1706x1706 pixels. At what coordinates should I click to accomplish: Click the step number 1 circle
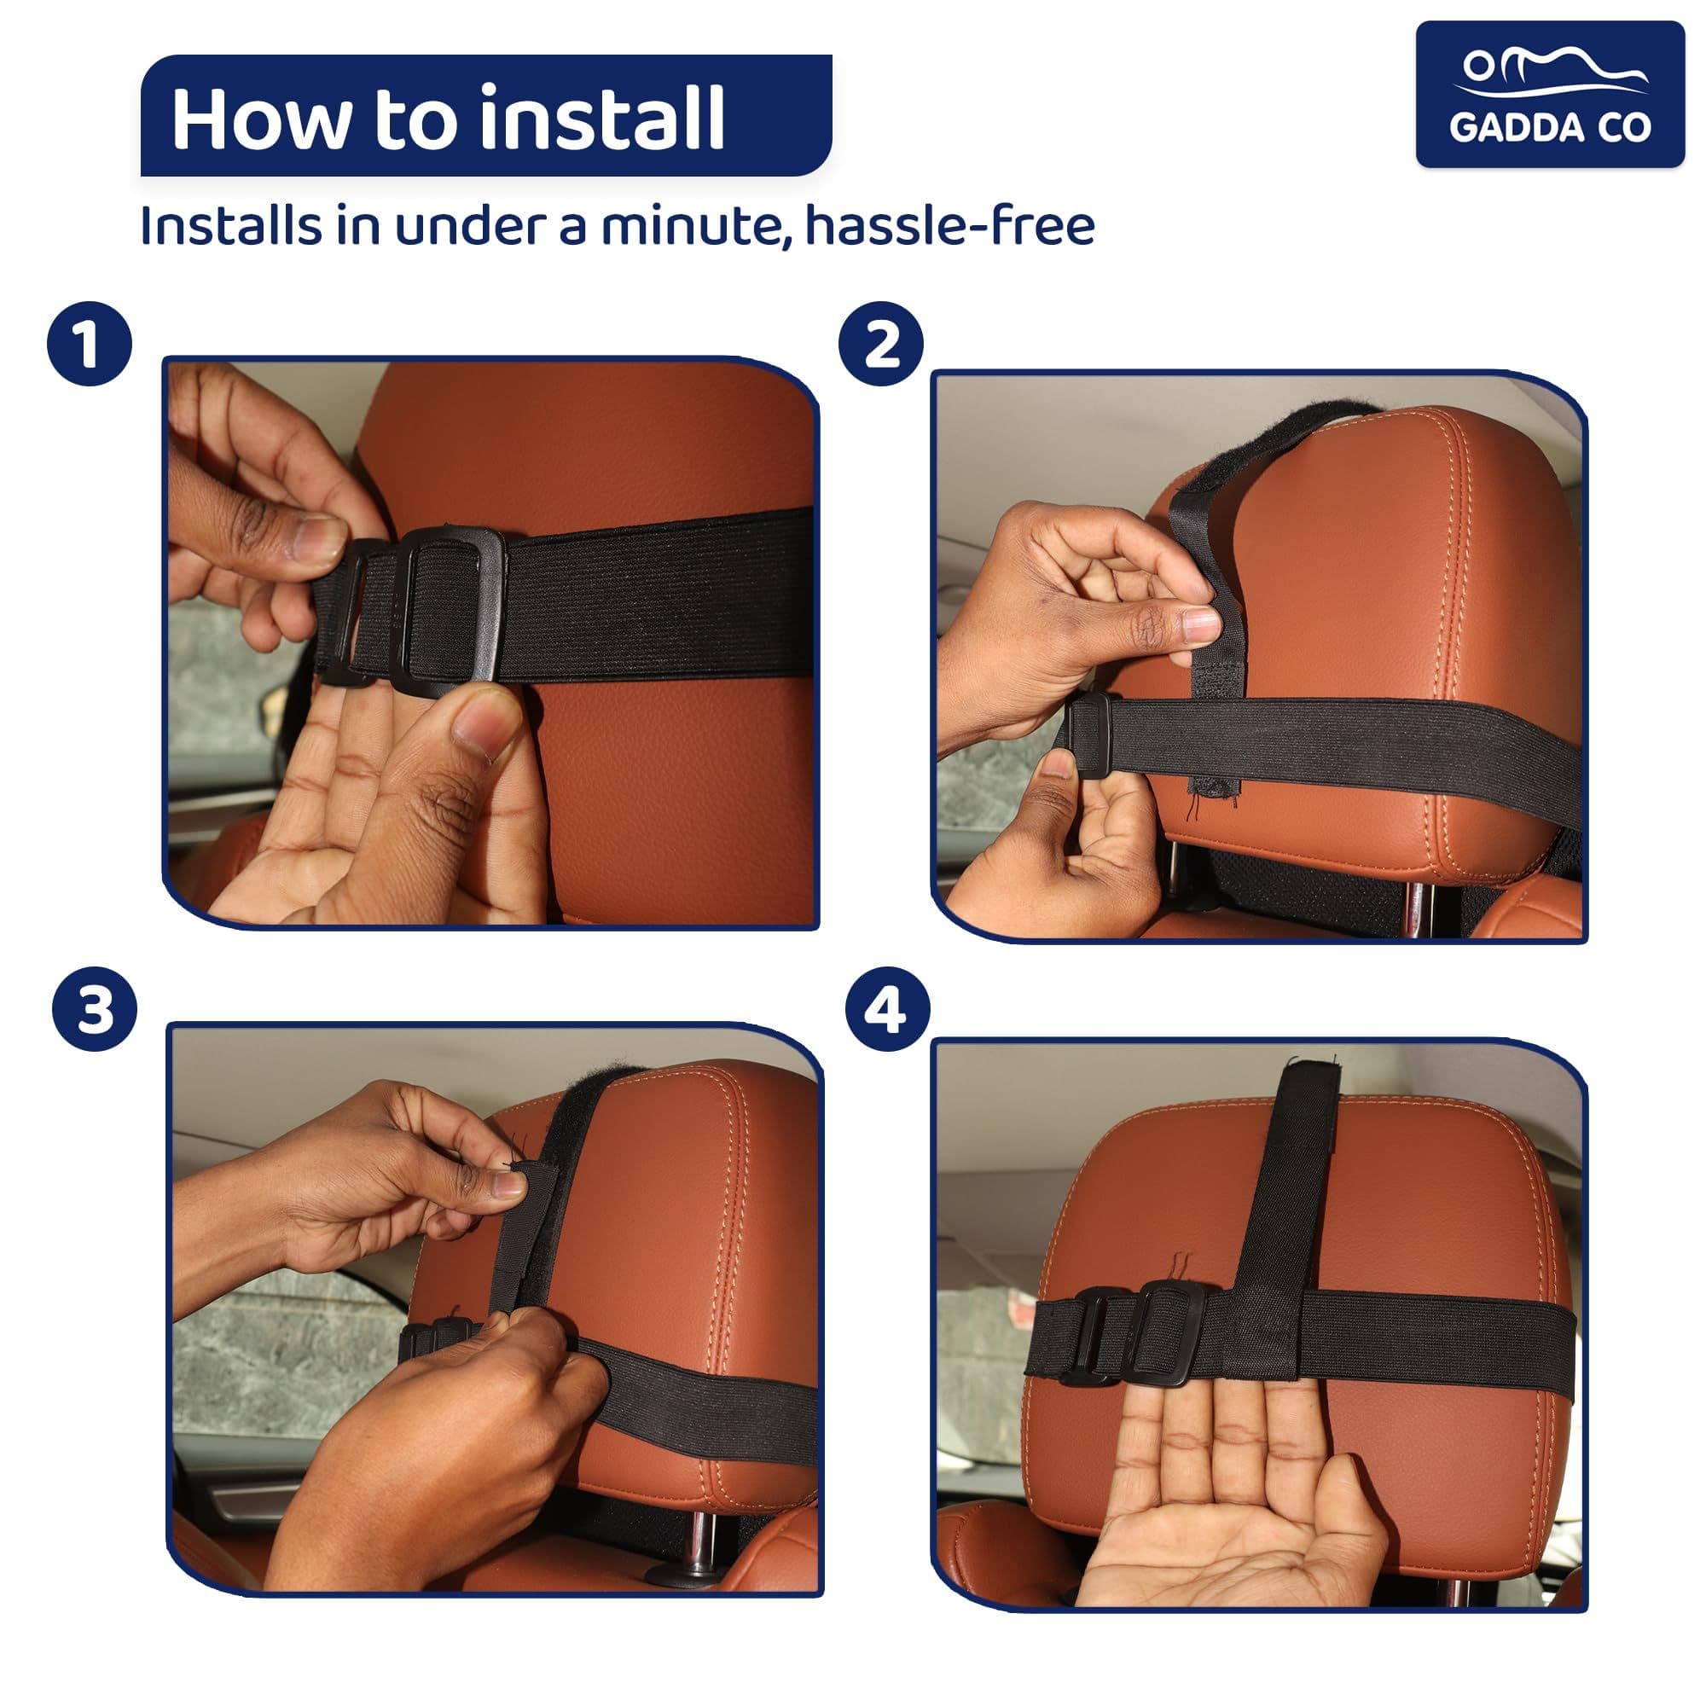click(90, 344)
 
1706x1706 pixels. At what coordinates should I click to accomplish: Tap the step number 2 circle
click(881, 344)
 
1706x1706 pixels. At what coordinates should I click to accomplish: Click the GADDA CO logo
click(1550, 95)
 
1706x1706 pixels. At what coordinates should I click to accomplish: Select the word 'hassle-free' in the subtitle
click(949, 226)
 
